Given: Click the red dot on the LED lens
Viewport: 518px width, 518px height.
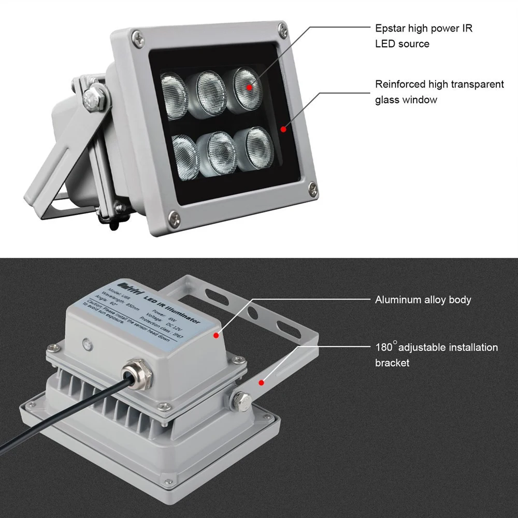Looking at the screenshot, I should click(249, 88).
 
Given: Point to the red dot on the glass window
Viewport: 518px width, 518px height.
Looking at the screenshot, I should click(283, 128).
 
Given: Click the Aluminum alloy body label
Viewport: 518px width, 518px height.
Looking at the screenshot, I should click(423, 300).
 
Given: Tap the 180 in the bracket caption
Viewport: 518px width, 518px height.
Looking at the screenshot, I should click(384, 348).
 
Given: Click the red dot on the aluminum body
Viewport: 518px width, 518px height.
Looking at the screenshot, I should click(217, 335).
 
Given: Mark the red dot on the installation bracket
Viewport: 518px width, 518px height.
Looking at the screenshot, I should click(262, 383).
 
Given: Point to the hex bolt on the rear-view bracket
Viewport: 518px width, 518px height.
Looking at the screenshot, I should click(241, 400).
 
